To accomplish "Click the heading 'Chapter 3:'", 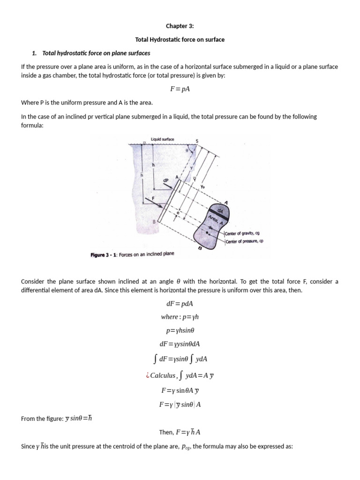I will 180,26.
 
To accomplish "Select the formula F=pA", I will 180,90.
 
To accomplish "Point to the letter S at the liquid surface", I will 197,141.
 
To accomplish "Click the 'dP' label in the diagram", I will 165,180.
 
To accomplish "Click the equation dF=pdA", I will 180,303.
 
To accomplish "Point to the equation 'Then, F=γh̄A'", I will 180,432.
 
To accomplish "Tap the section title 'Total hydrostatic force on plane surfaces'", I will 96,53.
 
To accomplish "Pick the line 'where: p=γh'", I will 180,317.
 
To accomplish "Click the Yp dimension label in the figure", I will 203,186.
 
